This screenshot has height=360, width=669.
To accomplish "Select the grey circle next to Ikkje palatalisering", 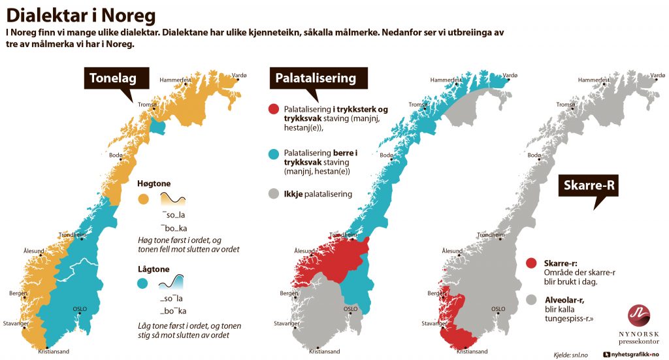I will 274,194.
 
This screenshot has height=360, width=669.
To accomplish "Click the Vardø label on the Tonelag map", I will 239,76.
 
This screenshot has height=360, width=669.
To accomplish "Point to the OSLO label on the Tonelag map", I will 80,308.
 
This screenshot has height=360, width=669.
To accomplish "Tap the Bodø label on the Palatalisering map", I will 387,155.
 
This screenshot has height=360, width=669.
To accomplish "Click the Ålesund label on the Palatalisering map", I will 304,251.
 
